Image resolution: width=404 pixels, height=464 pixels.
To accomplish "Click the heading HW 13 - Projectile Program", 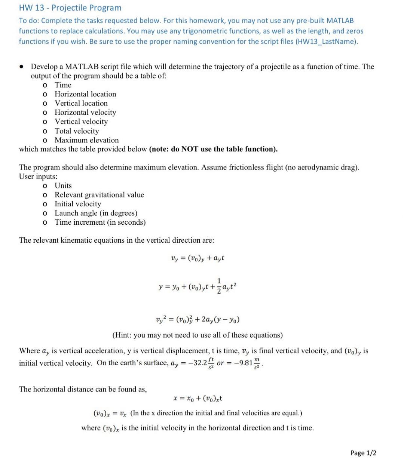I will click(70, 8).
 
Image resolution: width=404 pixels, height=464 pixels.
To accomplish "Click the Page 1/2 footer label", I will click(363, 453).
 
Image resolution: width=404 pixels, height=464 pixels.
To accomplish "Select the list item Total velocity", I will click(77, 131).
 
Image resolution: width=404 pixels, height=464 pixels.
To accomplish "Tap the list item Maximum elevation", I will click(86, 140).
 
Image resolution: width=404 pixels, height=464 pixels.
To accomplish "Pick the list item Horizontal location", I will click(85, 94).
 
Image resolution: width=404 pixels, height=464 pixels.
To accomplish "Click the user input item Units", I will click(63, 185).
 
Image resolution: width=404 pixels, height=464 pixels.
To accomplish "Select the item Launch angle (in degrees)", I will click(96, 213).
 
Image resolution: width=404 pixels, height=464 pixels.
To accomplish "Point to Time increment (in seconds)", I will click(100, 222).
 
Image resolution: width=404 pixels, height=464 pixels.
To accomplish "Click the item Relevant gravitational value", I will click(99, 195).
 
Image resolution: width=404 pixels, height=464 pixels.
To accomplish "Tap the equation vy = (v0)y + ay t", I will click(197, 258).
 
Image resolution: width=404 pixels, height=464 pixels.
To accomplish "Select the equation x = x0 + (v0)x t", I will click(198, 399).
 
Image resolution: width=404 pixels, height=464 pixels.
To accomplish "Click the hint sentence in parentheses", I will click(198, 335).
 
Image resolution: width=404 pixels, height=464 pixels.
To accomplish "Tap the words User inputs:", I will click(38, 176).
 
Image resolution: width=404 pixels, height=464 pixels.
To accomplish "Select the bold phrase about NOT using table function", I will click(213, 149).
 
